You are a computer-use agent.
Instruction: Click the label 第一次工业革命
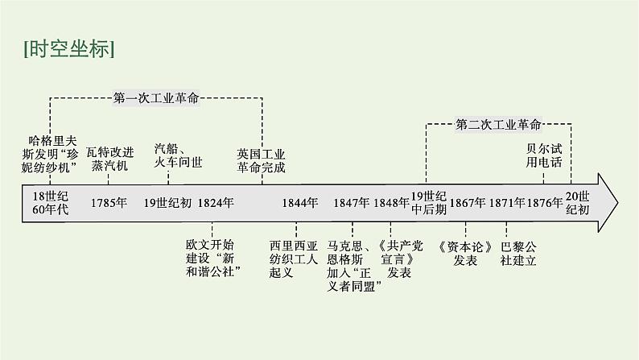[156, 98]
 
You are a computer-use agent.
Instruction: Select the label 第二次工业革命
[499, 124]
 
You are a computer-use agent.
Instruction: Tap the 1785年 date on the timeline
[109, 203]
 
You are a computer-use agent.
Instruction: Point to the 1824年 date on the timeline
[216, 203]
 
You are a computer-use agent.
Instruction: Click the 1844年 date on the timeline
[300, 203]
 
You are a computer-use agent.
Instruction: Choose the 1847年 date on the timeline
[352, 203]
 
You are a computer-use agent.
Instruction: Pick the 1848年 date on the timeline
[392, 203]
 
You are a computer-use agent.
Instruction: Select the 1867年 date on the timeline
[468, 203]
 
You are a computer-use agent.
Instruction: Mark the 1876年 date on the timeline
[546, 203]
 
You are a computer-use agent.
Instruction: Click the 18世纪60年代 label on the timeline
[46, 203]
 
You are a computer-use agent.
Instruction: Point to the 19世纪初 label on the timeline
[167, 203]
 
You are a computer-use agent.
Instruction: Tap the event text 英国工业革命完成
[262, 159]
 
